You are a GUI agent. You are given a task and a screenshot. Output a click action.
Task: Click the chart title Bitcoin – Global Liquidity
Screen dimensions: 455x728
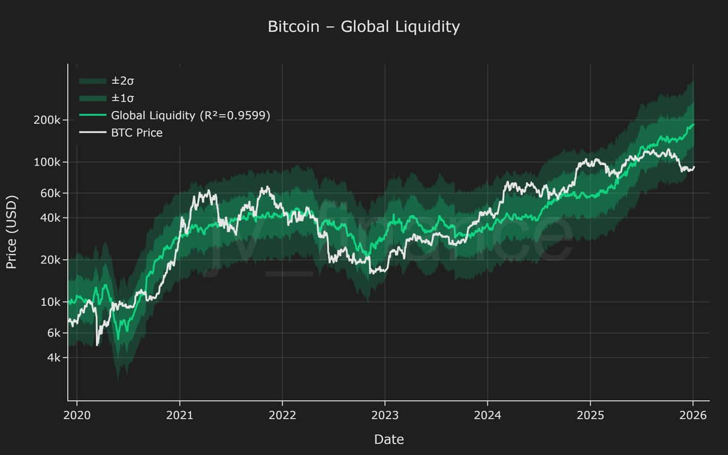[x=364, y=27]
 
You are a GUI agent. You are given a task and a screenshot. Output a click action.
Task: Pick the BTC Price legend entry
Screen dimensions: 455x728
[x=136, y=132]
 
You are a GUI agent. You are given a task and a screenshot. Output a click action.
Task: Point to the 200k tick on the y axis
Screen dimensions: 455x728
[x=47, y=120]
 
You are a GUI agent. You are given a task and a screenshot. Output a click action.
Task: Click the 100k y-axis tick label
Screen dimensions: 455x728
[x=47, y=163]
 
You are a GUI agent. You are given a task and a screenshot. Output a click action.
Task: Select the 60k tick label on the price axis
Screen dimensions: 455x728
[x=49, y=194]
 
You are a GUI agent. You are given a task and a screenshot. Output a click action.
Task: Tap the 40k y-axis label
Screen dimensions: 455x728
[x=49, y=218]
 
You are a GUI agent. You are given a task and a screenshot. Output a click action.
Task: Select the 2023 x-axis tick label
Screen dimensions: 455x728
[x=385, y=416]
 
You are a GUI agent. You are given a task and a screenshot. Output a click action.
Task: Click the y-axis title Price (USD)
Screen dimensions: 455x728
[x=12, y=232]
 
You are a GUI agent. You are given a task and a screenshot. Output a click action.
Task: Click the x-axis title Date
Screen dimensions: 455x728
[x=388, y=439]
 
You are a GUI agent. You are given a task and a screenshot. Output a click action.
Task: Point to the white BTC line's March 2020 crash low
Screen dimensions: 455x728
[x=98, y=345]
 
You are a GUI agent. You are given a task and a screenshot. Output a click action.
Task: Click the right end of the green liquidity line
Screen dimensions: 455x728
[x=693, y=124]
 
